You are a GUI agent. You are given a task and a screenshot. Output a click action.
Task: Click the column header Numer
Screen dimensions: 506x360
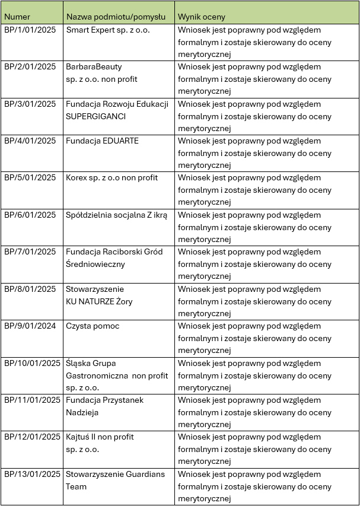tap(17, 17)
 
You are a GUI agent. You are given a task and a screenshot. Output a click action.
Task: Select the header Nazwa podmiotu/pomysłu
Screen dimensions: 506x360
tap(116, 17)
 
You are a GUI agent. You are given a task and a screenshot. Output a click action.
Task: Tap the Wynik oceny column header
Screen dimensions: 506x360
tap(202, 17)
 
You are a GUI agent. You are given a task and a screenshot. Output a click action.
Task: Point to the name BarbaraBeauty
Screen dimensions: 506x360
tap(94, 67)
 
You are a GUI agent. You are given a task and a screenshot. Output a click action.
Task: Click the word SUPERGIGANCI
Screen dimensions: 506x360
tap(96, 116)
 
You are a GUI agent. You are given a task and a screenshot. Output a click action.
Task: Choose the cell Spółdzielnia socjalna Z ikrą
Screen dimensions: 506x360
tap(117, 215)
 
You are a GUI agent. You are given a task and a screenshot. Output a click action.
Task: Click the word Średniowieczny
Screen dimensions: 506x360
tap(95, 265)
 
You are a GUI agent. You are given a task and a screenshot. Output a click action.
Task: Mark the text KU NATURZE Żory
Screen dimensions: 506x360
tap(99, 301)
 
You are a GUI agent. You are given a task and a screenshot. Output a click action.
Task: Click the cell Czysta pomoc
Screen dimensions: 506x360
tap(93, 326)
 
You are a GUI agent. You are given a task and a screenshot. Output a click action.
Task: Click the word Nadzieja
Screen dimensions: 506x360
tap(82, 412)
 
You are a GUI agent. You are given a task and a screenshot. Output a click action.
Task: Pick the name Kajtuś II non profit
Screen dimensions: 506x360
tap(100, 437)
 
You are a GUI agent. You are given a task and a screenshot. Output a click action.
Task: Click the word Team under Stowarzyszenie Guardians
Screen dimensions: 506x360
tap(77, 486)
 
